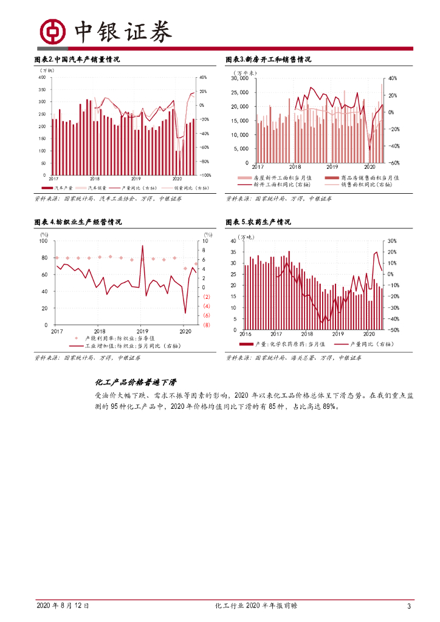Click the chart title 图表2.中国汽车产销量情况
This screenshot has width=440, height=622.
pyautogui.click(x=77, y=60)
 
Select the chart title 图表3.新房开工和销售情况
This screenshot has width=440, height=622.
pyautogui.click(x=268, y=60)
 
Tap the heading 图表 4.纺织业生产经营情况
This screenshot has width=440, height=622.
pyautogui.click(x=78, y=222)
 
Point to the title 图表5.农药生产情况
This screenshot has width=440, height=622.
pyautogui.click(x=258, y=222)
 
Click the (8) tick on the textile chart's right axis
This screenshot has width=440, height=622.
pyautogui.click(x=207, y=325)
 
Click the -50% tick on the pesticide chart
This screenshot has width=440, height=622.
pyautogui.click(x=393, y=330)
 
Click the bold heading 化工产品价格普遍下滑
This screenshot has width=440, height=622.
pyautogui.click(x=136, y=381)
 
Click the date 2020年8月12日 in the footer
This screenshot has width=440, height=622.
pyautogui.click(x=63, y=606)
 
